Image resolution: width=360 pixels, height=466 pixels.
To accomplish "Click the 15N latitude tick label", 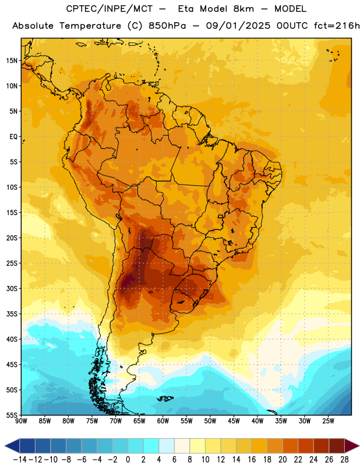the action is (x=12, y=61).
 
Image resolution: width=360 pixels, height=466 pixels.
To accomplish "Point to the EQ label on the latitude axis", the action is (x=13, y=137).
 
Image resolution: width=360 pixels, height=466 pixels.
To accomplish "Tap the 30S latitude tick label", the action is (x=12, y=288).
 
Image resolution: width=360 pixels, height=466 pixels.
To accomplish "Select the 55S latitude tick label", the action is (x=12, y=415).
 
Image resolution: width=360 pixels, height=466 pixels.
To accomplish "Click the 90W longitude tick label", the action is (x=21, y=421).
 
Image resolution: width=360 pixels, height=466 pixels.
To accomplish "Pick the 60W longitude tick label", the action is (x=163, y=421).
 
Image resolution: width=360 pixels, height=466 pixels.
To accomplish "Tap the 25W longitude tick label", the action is (x=328, y=421).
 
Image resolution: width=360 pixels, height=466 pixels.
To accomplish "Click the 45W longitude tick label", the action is (x=234, y=421).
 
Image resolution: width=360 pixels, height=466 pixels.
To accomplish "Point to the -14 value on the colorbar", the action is (x=20, y=460).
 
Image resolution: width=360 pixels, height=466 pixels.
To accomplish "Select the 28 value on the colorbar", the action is (x=344, y=460).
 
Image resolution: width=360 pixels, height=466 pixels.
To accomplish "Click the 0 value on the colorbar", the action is (x=128, y=460).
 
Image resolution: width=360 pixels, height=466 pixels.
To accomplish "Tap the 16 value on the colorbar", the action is (x=252, y=460).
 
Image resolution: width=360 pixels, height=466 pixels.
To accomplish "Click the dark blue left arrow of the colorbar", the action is (x=12, y=446).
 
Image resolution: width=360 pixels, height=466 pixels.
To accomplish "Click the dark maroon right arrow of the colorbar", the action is (x=352, y=446).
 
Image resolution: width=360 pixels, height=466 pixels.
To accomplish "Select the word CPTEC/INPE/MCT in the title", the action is (x=110, y=9).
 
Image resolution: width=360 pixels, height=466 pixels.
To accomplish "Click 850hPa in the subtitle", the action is (x=167, y=26).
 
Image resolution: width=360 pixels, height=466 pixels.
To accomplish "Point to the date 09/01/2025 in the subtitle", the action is (x=238, y=26).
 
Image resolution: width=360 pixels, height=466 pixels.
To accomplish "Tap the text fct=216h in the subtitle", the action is (x=337, y=26).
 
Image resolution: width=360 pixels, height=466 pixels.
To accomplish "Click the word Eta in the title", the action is (x=186, y=9).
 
